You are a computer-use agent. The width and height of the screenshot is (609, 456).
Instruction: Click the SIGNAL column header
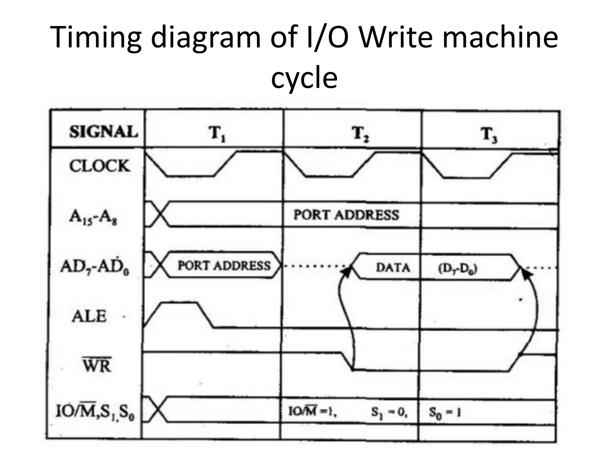tap(103, 132)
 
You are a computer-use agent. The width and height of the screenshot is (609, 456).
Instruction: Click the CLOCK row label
tap(100, 166)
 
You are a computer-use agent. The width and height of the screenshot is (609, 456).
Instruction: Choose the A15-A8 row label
tap(93, 218)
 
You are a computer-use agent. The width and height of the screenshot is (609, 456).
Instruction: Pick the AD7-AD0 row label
tap(95, 267)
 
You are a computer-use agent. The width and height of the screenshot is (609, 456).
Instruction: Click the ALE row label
tap(89, 316)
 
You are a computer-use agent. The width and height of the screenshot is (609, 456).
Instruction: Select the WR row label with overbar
tap(97, 365)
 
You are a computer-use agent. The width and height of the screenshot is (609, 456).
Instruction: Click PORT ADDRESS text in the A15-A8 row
tap(346, 215)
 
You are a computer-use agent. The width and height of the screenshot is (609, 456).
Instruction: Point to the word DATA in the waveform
tap(393, 268)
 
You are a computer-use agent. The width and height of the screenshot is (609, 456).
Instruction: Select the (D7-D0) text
tap(457, 269)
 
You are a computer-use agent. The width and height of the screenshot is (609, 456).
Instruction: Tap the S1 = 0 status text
tap(389, 412)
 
